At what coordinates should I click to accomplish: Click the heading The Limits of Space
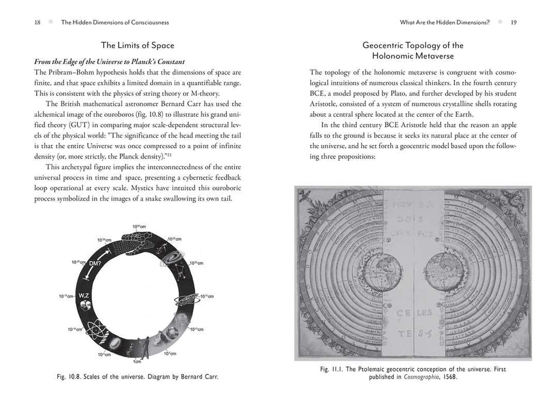(x=138, y=46)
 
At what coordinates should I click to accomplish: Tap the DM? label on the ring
(x=95, y=263)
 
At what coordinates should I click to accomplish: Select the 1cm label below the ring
(x=138, y=362)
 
